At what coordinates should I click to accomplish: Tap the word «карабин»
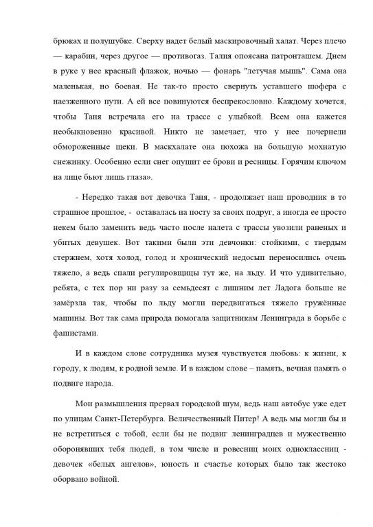coord(81,56)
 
